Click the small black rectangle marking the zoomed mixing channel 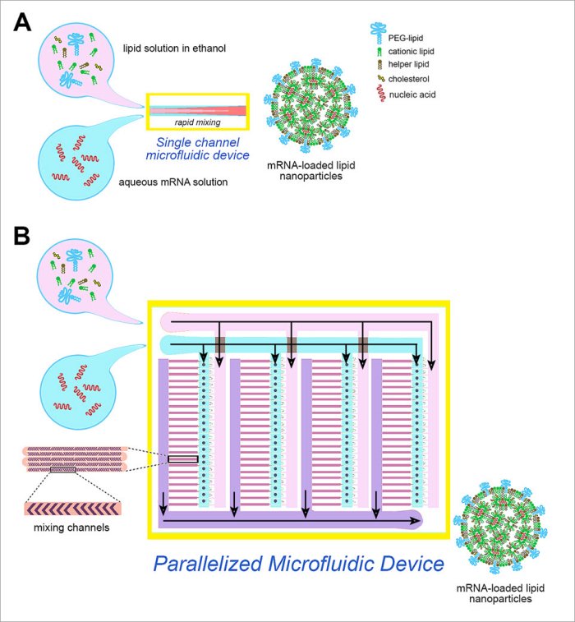point(183,459)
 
